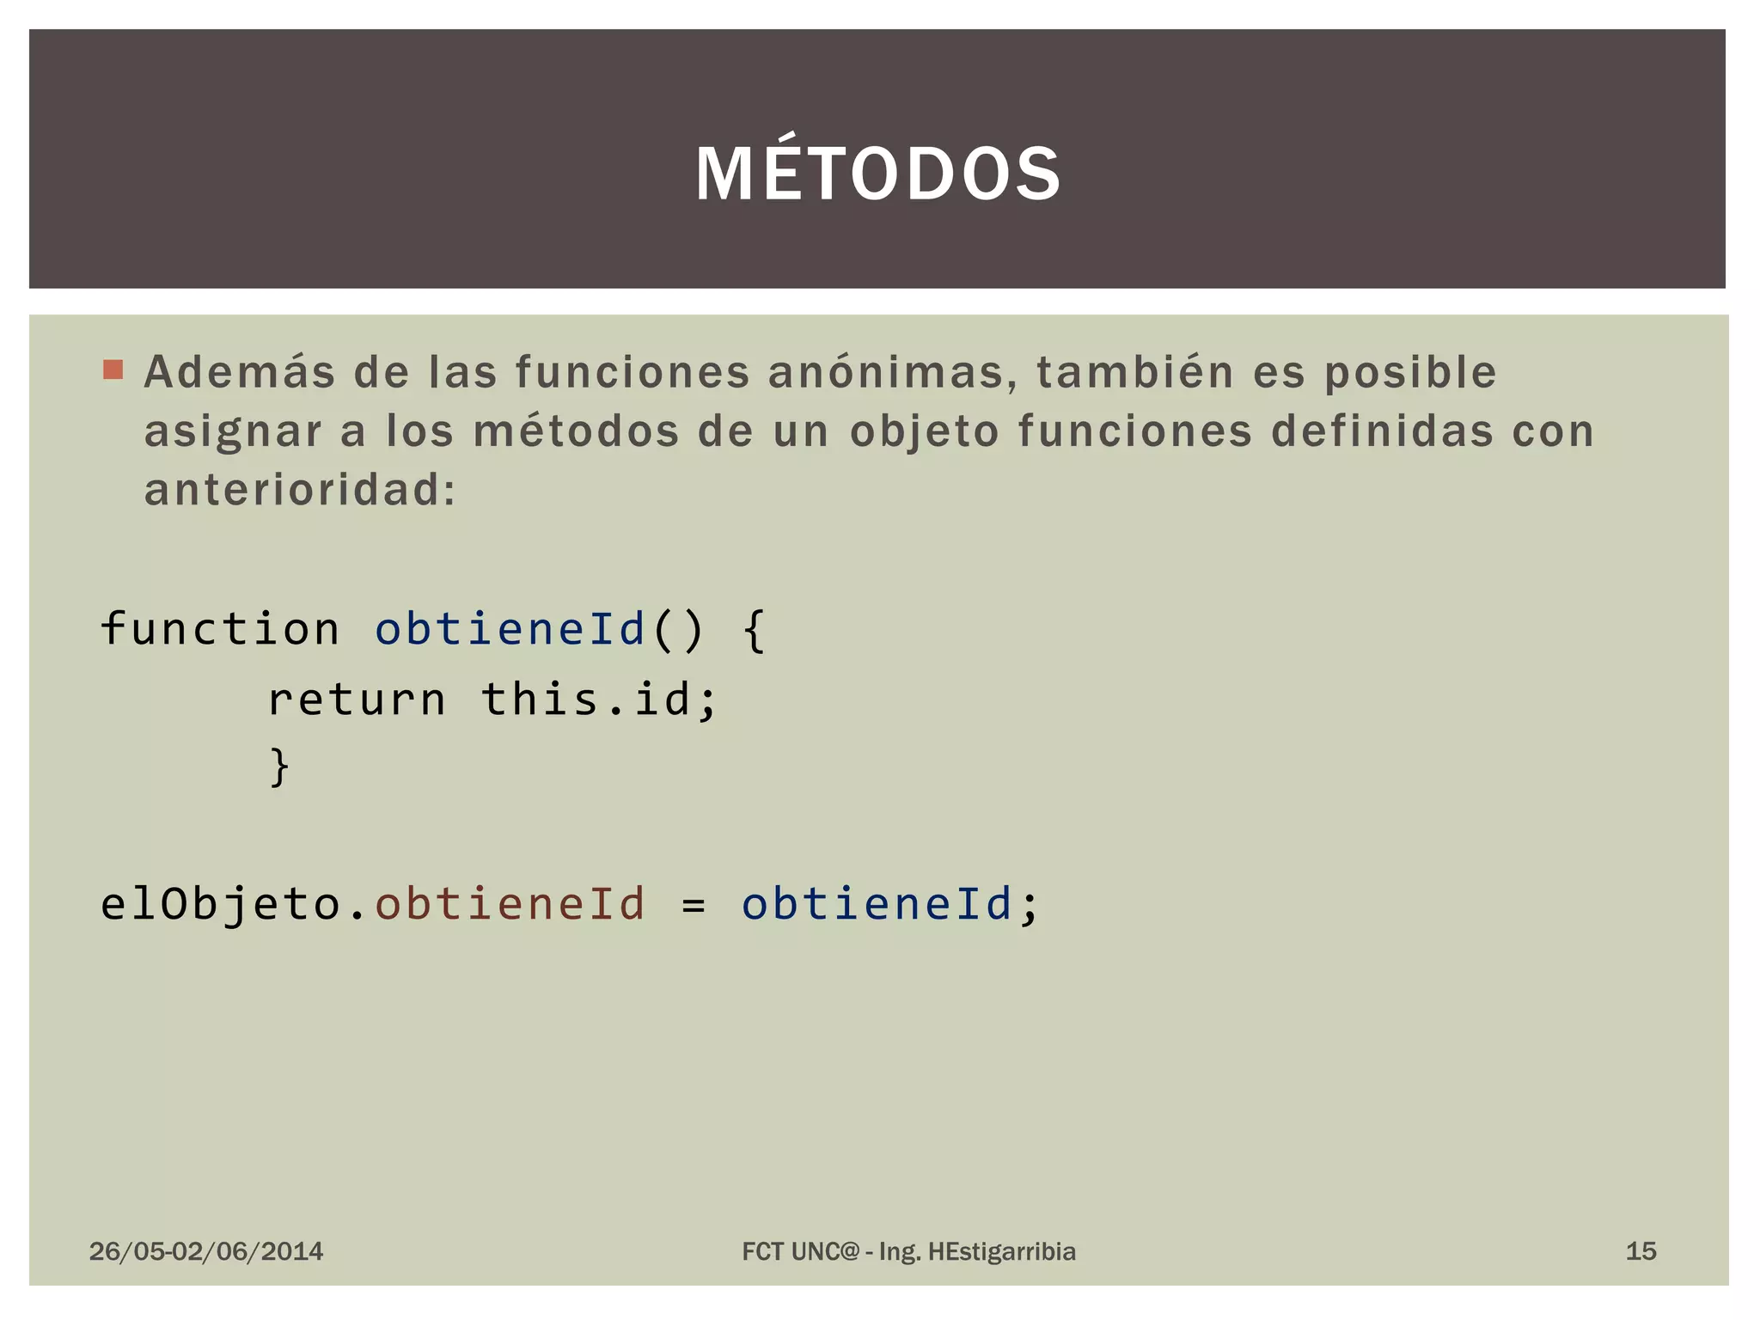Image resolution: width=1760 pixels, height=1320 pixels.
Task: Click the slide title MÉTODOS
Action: tap(878, 174)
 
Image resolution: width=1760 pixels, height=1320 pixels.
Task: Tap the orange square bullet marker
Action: tap(113, 370)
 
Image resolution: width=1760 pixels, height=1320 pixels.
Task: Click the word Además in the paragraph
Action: tap(240, 373)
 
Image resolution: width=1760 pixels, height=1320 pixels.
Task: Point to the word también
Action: tap(1135, 373)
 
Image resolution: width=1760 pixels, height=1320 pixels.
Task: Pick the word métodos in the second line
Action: tap(576, 431)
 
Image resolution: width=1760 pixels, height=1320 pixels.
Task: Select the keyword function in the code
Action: tap(220, 628)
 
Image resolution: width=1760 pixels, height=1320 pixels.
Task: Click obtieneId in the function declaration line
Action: tap(510, 628)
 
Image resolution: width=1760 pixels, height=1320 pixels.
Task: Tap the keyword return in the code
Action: tap(357, 698)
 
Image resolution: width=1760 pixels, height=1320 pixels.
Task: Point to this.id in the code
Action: tap(598, 698)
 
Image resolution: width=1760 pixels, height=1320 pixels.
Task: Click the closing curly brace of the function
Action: tap(279, 767)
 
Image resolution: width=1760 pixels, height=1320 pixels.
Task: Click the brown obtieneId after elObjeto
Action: tap(510, 904)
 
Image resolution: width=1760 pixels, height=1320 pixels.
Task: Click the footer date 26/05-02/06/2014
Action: tap(206, 1251)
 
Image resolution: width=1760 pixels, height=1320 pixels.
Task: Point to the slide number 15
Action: tap(1641, 1251)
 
